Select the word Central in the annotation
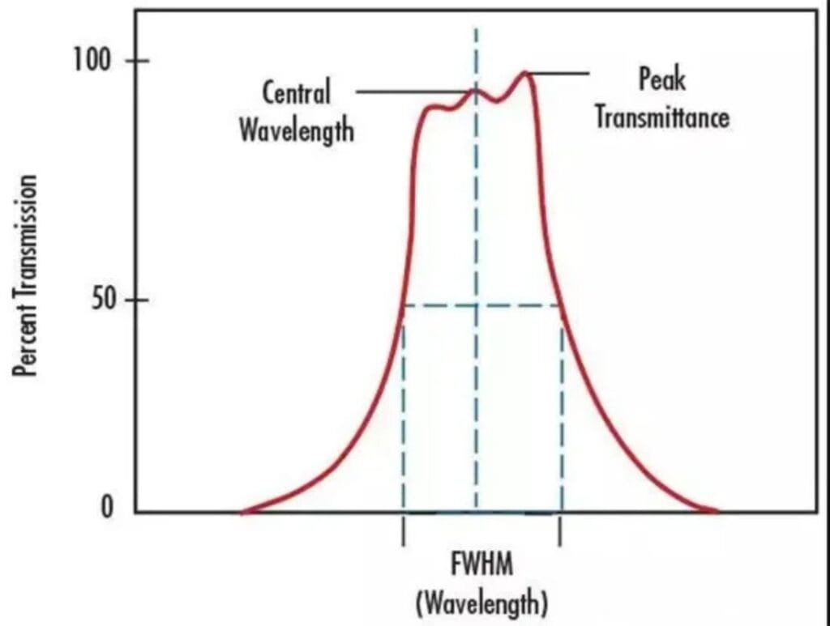coord(296,92)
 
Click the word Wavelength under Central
coord(296,129)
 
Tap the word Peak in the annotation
coord(661,79)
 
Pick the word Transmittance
coord(661,117)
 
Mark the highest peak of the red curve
coord(525,73)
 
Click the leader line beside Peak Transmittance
coord(559,74)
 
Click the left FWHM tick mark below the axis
coord(403,534)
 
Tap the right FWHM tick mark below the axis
coord(558,534)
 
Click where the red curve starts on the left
coord(242,512)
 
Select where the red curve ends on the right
coord(716,511)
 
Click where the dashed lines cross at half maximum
coord(476,305)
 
